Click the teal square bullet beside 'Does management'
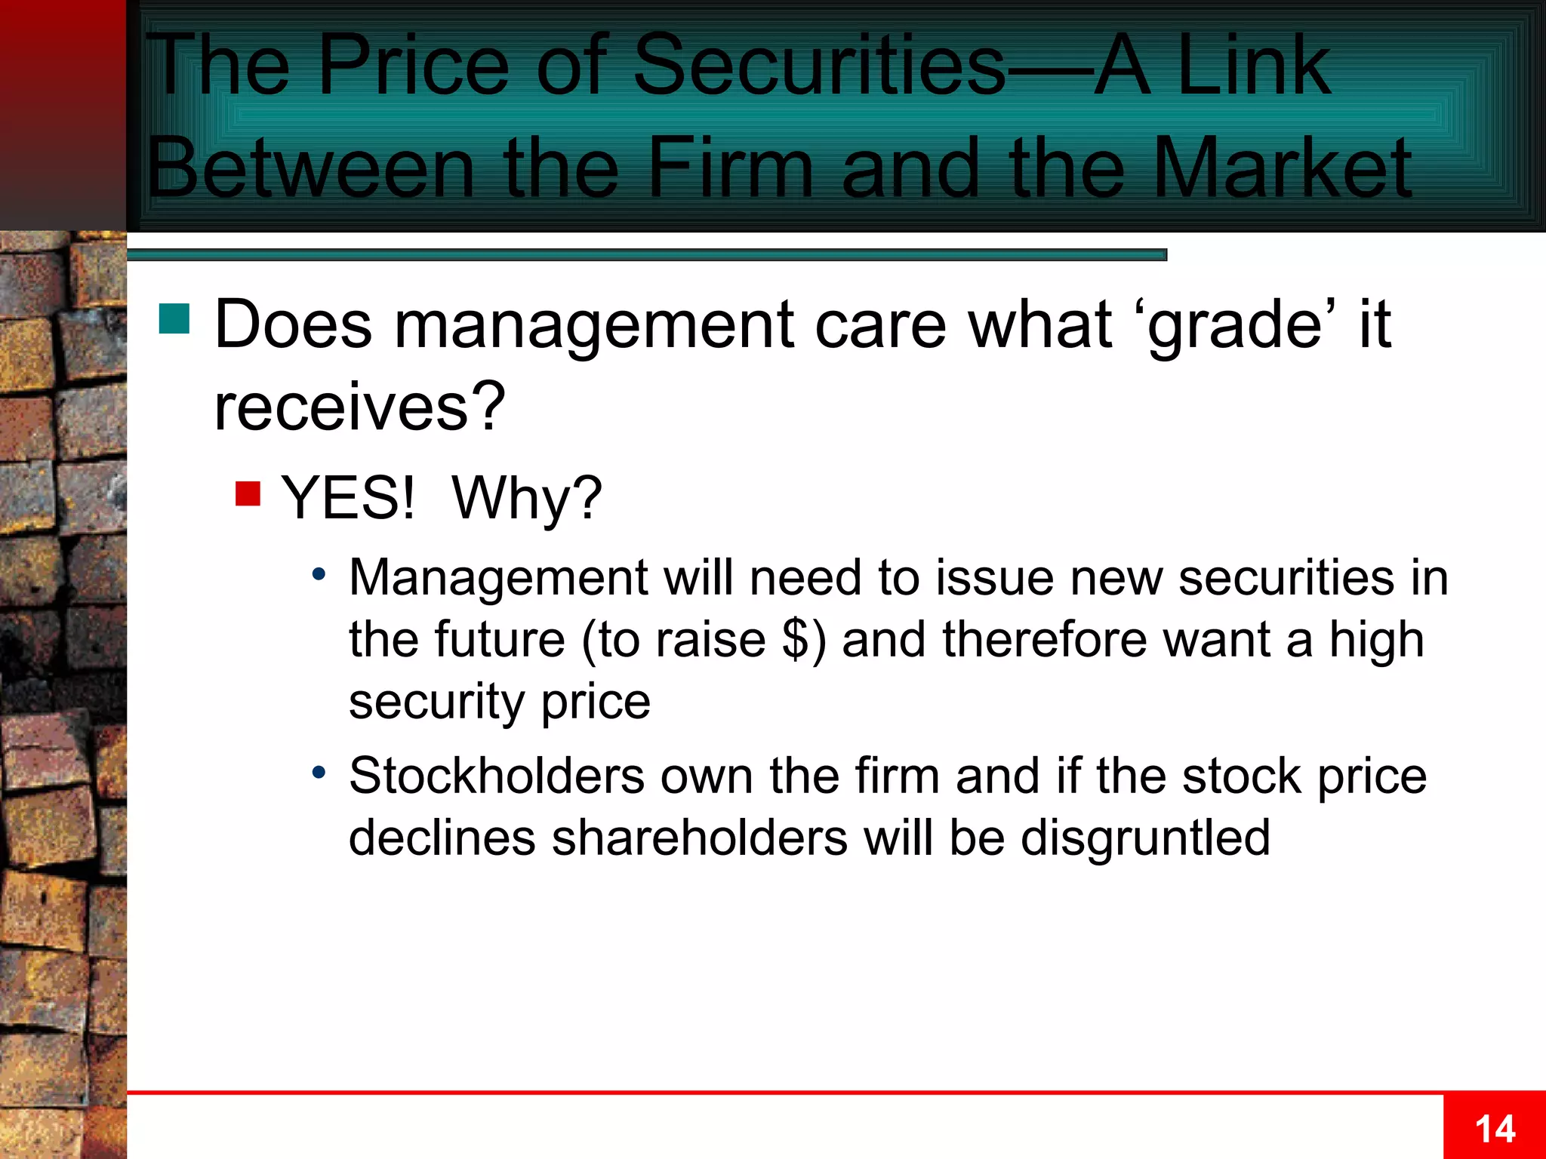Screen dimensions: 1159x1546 [x=174, y=318]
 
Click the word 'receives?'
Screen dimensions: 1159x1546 [x=359, y=407]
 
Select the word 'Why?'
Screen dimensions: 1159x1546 [x=527, y=500]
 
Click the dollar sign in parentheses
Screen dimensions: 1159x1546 [x=796, y=640]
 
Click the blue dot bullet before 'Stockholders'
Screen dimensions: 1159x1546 [x=319, y=773]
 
